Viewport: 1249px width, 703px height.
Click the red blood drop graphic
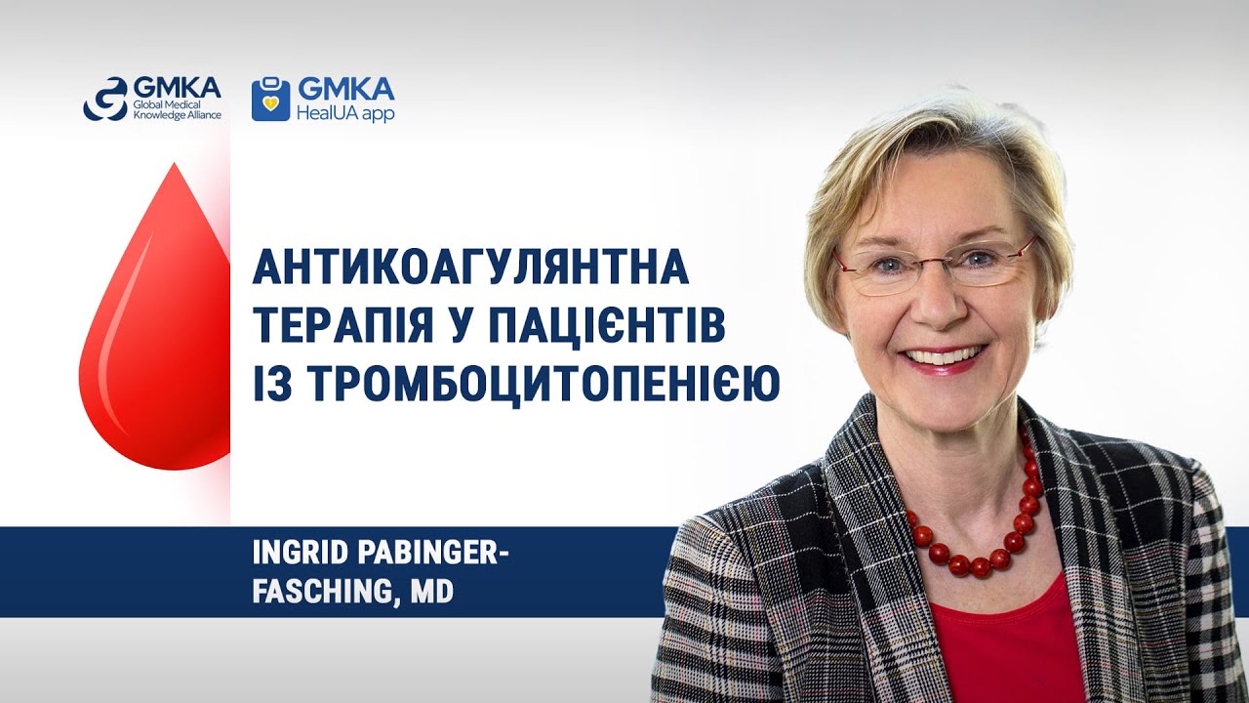coord(156,332)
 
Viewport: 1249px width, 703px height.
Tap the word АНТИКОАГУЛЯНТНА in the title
coord(471,269)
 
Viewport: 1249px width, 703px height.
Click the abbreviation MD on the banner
coord(431,591)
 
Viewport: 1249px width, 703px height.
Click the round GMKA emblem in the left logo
coord(104,99)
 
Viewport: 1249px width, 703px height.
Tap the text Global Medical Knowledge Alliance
coord(176,109)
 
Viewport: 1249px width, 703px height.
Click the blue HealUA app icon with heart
coord(270,100)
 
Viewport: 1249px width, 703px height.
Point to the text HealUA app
coord(345,113)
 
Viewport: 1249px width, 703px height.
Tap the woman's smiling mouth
coord(943,356)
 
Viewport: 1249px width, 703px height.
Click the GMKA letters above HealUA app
coord(345,90)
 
